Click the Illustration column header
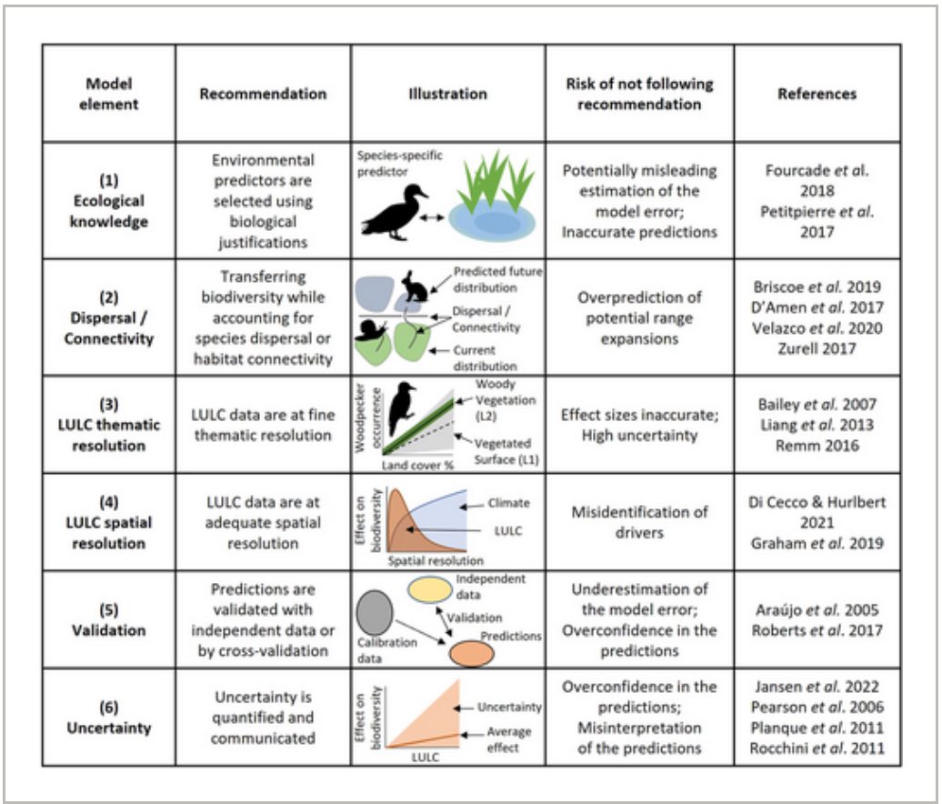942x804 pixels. [x=447, y=94]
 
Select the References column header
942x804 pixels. [x=817, y=94]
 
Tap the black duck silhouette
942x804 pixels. [x=394, y=212]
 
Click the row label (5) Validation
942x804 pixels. [x=107, y=620]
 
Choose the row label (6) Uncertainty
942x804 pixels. [x=107, y=719]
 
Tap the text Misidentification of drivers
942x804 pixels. [x=639, y=521]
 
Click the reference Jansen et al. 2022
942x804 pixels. [x=817, y=687]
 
